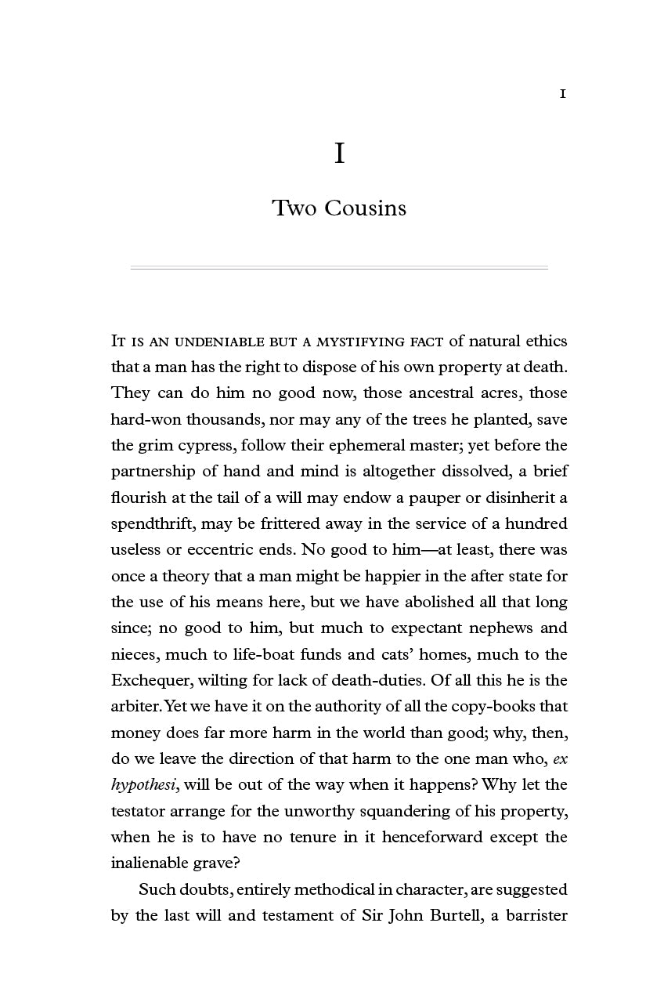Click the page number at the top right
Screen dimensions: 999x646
[x=562, y=94]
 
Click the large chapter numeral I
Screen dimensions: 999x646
[x=339, y=154]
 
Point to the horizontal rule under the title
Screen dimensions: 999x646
[x=338, y=268]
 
